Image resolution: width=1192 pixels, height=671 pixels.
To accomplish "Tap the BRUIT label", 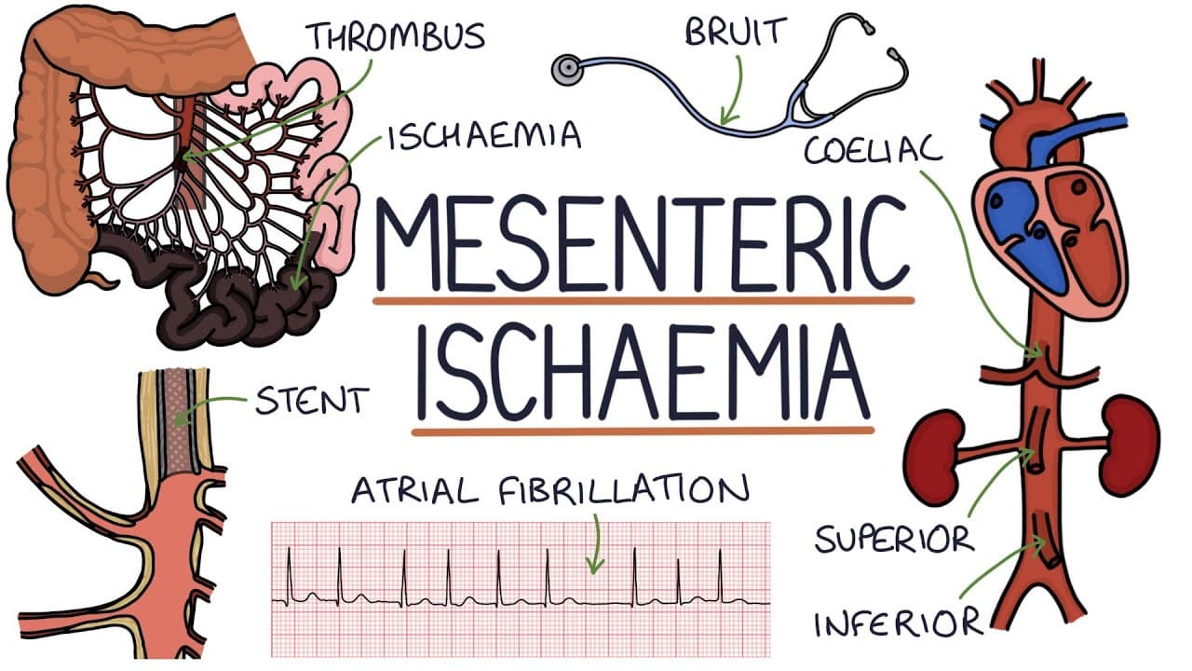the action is tap(736, 32).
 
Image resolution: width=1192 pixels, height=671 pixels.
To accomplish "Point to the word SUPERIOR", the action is tap(895, 539).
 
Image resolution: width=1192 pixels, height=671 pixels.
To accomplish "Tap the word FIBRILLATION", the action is tap(624, 490).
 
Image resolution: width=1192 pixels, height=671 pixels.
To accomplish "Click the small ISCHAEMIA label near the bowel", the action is tap(485, 135).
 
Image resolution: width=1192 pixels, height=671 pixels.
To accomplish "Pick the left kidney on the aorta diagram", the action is tap(936, 450).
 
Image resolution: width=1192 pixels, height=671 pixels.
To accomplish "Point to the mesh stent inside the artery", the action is tap(178, 422).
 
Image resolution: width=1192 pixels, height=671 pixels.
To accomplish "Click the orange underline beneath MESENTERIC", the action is tap(643, 301).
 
